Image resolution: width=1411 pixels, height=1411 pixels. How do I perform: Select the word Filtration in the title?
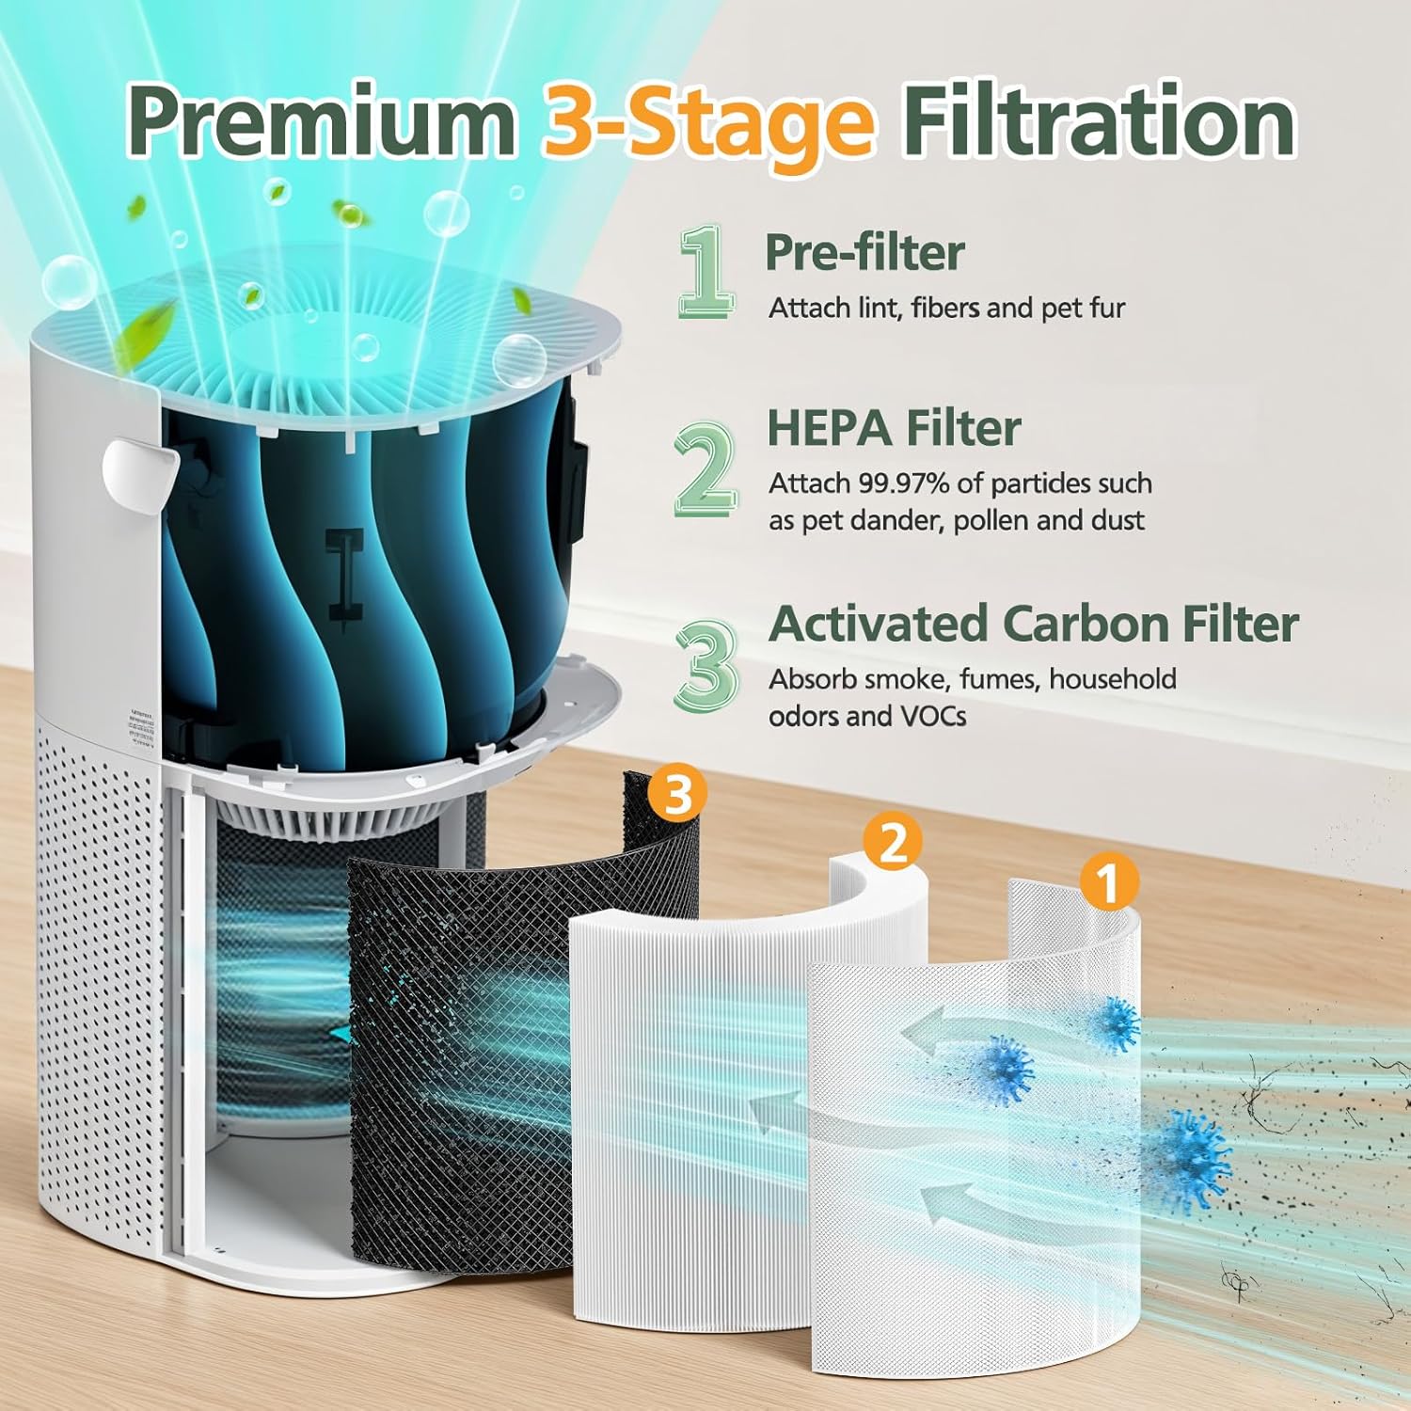pos(1099,122)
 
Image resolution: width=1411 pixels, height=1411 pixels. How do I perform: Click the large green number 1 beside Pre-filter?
pos(705,272)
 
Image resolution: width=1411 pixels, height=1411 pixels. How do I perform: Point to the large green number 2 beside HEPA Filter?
pos(705,467)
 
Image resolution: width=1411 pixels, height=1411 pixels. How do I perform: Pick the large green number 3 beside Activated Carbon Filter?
pos(706,664)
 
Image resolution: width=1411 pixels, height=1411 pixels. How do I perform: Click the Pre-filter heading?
pos(864,252)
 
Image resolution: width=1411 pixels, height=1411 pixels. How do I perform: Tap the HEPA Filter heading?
pos(894,428)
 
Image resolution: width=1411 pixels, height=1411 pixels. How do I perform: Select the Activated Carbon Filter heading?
pos(1033,624)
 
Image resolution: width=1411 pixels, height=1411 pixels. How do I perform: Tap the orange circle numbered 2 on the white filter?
pos(892,841)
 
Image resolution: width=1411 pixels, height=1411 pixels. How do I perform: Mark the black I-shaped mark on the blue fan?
pos(345,573)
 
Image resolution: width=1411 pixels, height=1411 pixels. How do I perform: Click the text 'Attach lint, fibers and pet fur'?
pos(946,309)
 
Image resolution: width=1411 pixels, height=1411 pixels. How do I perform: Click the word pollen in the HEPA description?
pos(995,521)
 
